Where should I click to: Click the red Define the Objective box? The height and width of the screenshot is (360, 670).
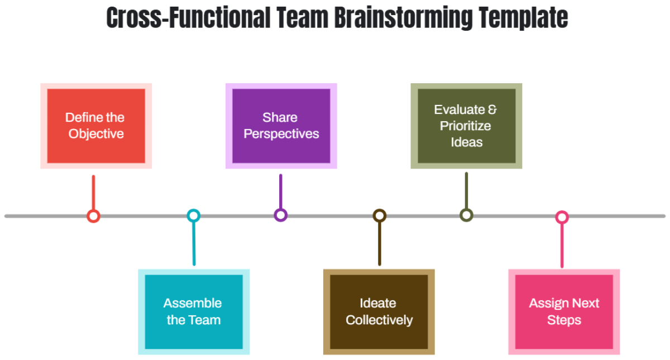tap(96, 126)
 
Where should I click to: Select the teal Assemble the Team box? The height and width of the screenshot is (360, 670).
tap(193, 311)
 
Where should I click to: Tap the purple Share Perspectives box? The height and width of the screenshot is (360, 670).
tap(281, 126)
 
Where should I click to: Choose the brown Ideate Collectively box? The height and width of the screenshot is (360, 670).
tap(379, 311)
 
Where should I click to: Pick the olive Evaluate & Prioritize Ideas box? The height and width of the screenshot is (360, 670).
tap(466, 126)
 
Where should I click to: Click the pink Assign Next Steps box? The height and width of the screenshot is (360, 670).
tap(564, 311)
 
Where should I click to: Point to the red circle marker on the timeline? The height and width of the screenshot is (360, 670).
tap(93, 216)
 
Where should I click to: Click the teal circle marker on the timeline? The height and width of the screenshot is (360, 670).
tap(193, 215)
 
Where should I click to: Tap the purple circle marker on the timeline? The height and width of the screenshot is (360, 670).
tap(281, 215)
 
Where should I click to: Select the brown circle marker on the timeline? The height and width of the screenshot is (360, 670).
tap(380, 215)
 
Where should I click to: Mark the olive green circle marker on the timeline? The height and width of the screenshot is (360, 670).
tap(466, 215)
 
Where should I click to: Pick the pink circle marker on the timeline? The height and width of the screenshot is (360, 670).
tap(562, 217)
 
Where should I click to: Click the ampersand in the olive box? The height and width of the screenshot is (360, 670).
tap(492, 109)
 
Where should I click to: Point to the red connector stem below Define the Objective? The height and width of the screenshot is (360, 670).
tap(93, 193)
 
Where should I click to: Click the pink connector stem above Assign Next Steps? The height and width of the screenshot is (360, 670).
tap(562, 246)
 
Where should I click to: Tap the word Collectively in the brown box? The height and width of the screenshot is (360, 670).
tap(379, 320)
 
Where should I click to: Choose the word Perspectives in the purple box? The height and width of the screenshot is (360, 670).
tap(281, 134)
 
